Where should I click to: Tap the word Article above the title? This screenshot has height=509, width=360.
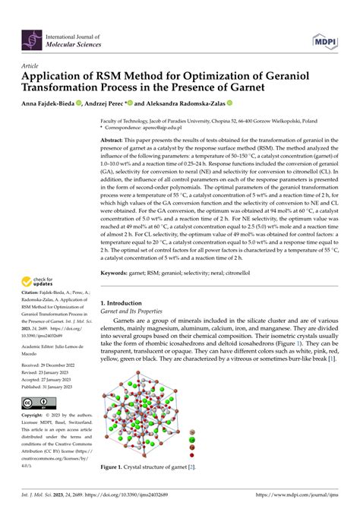coord(32,66)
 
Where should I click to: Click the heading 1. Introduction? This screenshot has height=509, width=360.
coord(124,302)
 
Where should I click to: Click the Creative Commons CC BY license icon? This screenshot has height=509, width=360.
coord(37,403)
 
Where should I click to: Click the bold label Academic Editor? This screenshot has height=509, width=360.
coord(43,366)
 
